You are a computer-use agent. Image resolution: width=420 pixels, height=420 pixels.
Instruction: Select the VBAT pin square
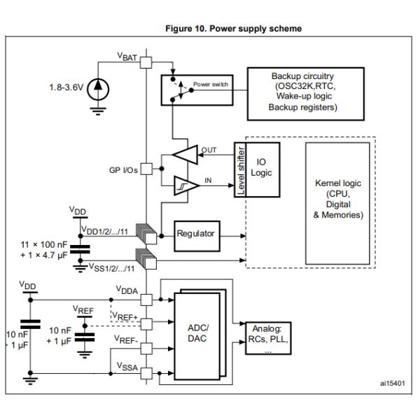(146, 62)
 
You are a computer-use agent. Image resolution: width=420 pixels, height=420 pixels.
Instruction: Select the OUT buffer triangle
(186, 155)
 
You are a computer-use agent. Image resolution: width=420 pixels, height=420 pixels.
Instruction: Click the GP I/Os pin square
(146, 169)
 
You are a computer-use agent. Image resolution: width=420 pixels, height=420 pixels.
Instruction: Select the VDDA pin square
(146, 300)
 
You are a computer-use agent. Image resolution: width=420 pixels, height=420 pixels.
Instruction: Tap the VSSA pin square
(146, 373)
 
